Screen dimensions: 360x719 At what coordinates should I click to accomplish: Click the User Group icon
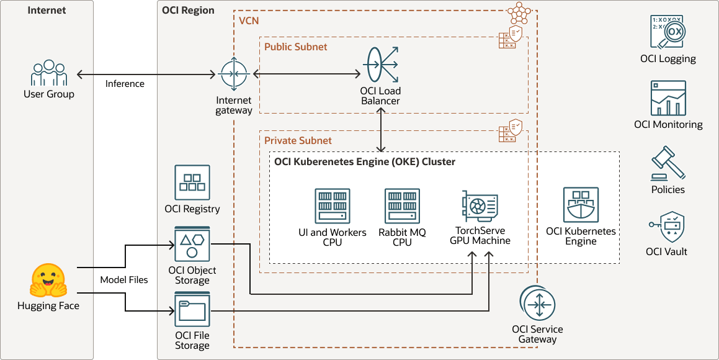49,74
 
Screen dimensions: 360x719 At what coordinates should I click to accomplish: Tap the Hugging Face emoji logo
48,281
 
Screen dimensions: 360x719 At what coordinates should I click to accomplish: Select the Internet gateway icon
234,74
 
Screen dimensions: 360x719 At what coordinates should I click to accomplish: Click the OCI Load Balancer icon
380,65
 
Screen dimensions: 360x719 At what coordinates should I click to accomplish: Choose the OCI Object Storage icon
192,244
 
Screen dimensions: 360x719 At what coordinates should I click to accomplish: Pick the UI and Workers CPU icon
333,206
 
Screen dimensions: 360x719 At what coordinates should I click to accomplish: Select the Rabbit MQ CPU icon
402,206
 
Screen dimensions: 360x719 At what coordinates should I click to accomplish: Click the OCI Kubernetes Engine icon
581,205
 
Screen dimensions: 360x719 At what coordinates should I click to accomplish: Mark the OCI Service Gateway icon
537,304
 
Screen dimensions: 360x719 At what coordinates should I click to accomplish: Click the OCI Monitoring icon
668,99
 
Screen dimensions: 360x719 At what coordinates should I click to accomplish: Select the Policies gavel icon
668,163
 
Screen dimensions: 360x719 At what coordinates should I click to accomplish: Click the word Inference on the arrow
125,84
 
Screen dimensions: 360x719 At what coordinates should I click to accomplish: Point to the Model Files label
124,280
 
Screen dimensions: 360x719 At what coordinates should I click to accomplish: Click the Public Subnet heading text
295,47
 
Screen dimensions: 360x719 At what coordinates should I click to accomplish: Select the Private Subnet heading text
298,140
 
